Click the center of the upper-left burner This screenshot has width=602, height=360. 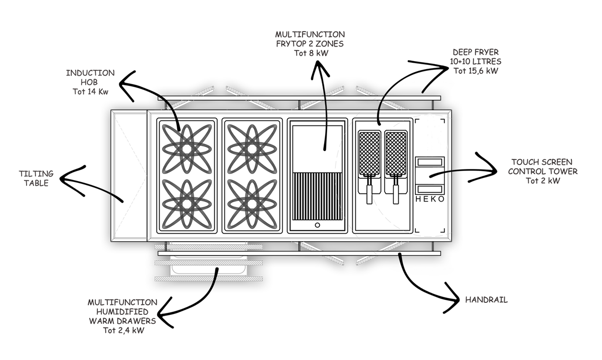pyautogui.click(x=187, y=149)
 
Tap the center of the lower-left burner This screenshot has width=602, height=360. pyautogui.click(x=187, y=203)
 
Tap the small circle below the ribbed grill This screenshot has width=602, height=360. pyautogui.click(x=317, y=225)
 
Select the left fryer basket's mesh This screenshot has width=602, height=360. pyautogui.click(x=370, y=152)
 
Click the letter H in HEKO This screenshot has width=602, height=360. pyautogui.click(x=418, y=200)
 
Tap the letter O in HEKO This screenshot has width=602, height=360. pyautogui.click(x=441, y=200)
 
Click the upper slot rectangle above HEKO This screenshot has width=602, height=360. pyautogui.click(x=430, y=161)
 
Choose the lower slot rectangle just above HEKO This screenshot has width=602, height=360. pyautogui.click(x=430, y=189)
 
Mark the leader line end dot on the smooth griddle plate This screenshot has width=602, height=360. pyautogui.click(x=324, y=149)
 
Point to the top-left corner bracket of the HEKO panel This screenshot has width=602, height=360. pyautogui.click(x=417, y=121)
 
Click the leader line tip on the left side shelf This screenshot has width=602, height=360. pyautogui.click(x=122, y=201)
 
